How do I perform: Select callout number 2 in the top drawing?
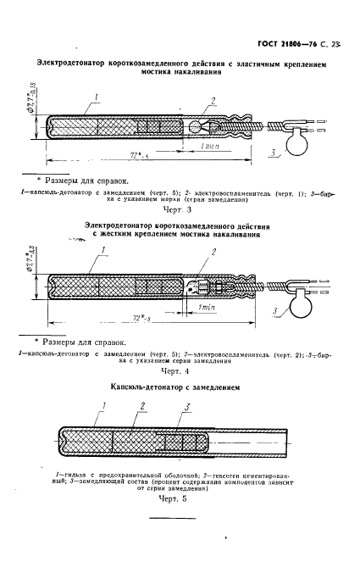click(x=214, y=100)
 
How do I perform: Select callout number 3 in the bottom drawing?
click(x=186, y=409)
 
